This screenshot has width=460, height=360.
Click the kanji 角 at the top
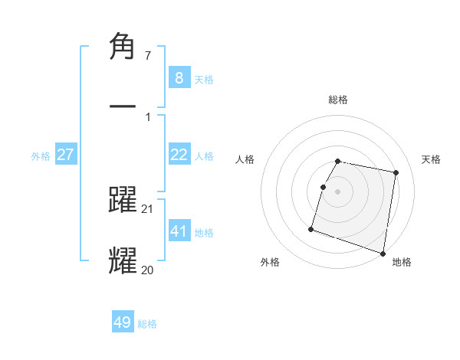pos(123,47)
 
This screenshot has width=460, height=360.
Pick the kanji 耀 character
pos(123,259)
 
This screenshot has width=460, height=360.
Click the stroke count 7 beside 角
pos(147,56)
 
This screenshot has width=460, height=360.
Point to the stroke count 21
pos(148,209)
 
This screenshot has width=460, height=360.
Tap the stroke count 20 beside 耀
pos(148,269)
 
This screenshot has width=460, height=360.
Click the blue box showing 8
pos(179,77)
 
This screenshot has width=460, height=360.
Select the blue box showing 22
pos(179,155)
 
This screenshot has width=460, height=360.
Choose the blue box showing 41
pos(179,231)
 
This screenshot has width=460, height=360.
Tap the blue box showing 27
pos(66,155)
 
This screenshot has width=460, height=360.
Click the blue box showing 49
pos(123,322)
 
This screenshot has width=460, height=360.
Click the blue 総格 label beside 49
pos(147,324)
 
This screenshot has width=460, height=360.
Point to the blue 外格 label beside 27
pos(41,156)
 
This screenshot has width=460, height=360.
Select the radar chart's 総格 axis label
pos(338,100)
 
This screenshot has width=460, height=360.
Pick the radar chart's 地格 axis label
pos(402,262)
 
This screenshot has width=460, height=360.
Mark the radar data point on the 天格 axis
pos(396,173)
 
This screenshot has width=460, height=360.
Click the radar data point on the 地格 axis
pos(383,253)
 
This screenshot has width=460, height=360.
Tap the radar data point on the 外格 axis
pos(311,228)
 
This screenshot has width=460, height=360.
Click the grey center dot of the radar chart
pos(338,191)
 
